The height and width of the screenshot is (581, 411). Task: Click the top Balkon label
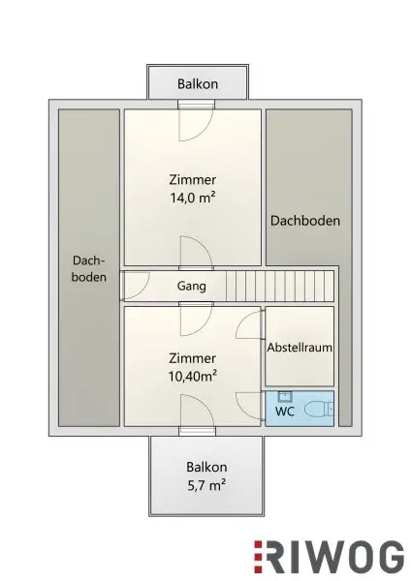(x=198, y=83)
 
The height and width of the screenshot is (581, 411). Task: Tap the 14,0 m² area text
(x=193, y=198)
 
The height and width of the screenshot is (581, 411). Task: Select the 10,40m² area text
(x=193, y=376)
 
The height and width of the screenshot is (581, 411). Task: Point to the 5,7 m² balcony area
(x=206, y=485)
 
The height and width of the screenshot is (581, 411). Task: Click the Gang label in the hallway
(x=191, y=286)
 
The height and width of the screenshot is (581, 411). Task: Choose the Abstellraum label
(x=300, y=348)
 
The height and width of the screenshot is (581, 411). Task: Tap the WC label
(x=285, y=412)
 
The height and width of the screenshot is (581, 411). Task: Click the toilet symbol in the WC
(x=319, y=411)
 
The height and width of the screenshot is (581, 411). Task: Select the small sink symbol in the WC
(x=285, y=396)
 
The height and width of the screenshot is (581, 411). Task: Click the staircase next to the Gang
(x=280, y=286)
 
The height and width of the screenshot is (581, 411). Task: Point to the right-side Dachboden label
(x=305, y=221)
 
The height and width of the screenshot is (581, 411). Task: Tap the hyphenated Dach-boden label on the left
(x=89, y=268)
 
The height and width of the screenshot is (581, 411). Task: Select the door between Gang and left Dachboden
(x=135, y=286)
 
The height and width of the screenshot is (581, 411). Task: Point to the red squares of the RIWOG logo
(x=258, y=558)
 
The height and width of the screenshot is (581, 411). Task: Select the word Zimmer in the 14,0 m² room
(x=193, y=180)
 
